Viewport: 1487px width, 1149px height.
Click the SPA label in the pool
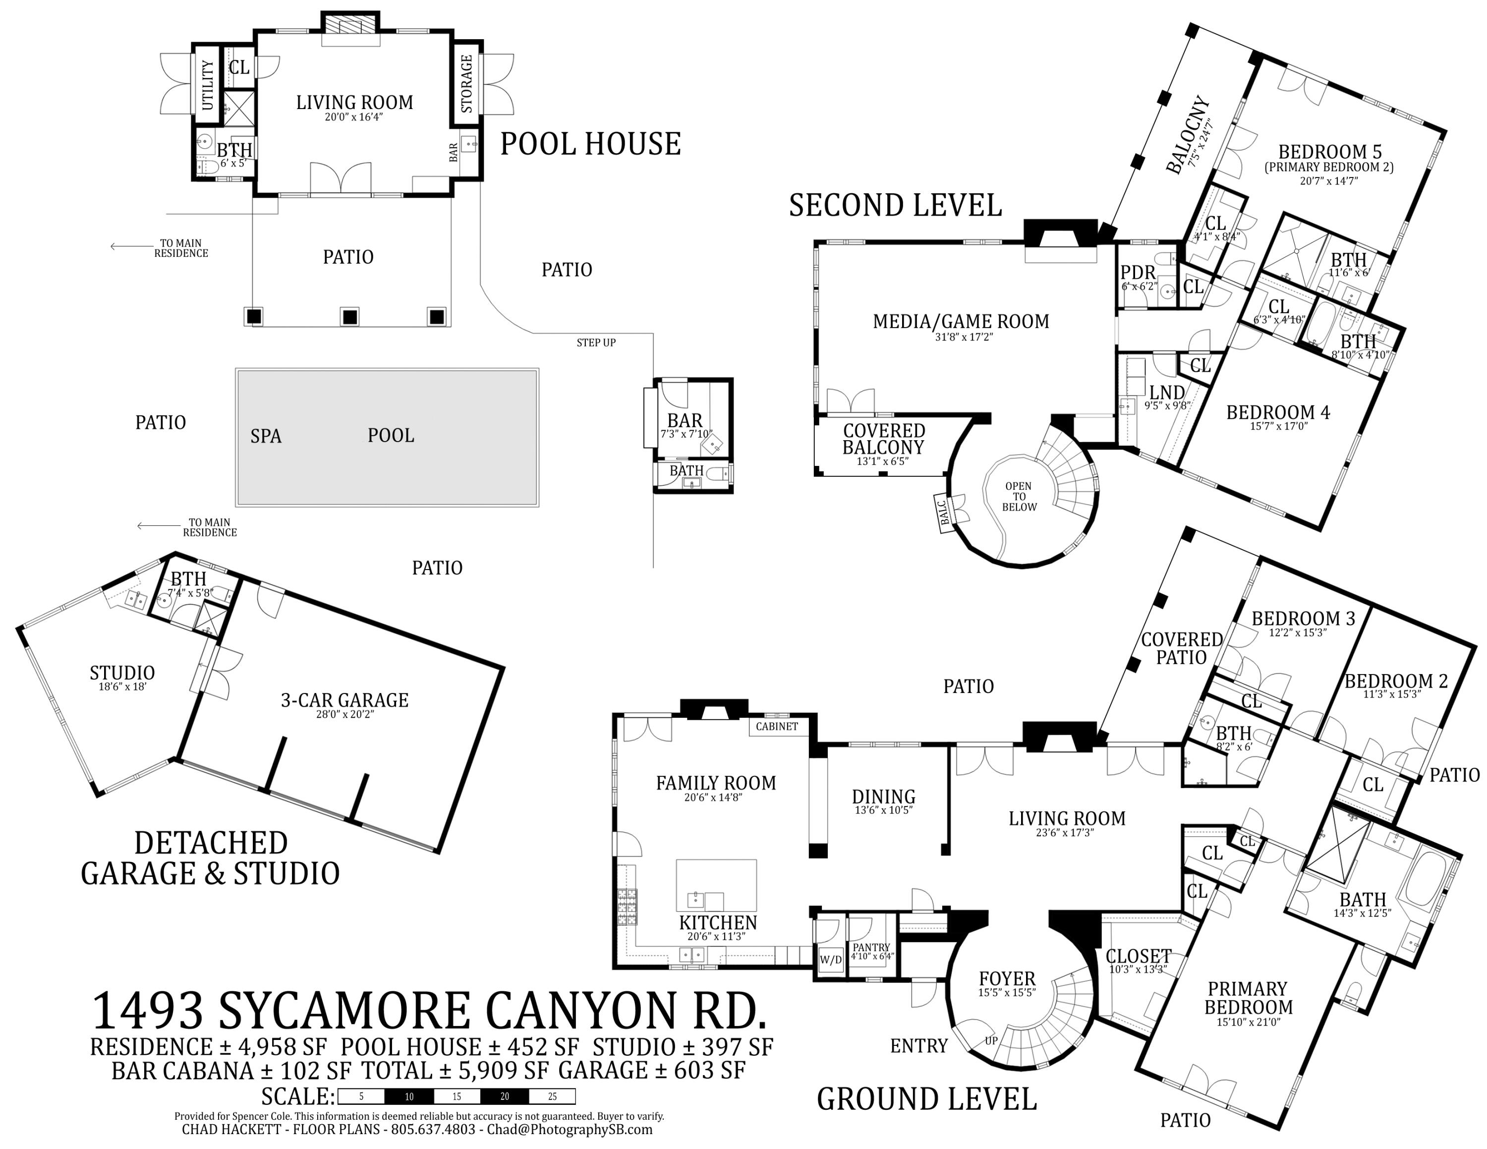tap(266, 436)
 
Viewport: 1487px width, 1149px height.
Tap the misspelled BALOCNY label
tap(1188, 135)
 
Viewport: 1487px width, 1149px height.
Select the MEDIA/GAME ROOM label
tap(961, 321)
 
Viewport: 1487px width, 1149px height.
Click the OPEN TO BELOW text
tap(1019, 496)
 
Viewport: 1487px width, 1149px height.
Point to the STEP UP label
tap(596, 343)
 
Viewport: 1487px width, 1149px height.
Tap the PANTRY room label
tap(871, 947)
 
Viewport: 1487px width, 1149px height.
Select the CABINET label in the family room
tap(776, 726)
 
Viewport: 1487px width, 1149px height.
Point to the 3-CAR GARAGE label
tap(344, 700)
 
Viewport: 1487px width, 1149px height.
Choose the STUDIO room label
tap(122, 673)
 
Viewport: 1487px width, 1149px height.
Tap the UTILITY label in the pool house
tap(208, 85)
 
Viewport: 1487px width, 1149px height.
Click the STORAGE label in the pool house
tap(466, 84)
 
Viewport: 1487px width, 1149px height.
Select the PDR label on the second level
tap(1138, 274)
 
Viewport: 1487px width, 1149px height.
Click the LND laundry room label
tap(1167, 392)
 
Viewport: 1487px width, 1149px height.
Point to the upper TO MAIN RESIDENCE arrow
tap(129, 247)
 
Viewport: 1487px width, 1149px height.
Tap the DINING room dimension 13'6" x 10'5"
tap(883, 810)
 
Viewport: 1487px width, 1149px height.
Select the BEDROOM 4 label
tap(1277, 412)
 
